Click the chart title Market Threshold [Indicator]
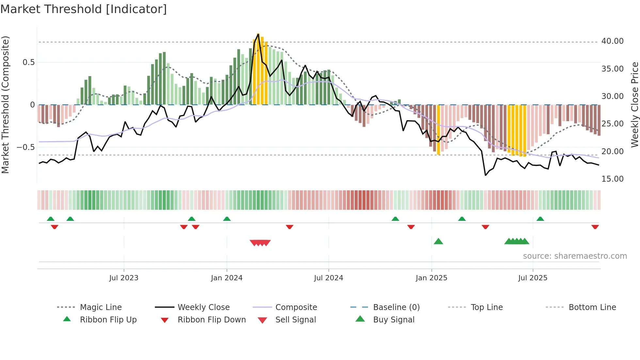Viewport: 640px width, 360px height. [x=84, y=9]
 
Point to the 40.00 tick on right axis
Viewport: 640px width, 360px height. [x=612, y=41]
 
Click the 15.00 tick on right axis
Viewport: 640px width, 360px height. [x=612, y=179]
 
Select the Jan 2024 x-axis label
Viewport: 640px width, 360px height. [x=227, y=278]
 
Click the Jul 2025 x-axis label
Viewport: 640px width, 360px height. [x=533, y=278]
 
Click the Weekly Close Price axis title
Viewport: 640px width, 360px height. [x=634, y=105]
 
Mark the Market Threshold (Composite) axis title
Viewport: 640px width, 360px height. [x=5, y=105]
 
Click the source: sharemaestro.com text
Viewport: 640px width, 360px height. [x=575, y=256]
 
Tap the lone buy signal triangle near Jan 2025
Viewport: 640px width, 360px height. [x=438, y=241]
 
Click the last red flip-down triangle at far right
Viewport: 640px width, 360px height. [x=595, y=227]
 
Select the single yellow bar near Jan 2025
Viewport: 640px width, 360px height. [x=439, y=130]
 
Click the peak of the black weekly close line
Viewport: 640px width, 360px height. [x=258, y=34]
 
